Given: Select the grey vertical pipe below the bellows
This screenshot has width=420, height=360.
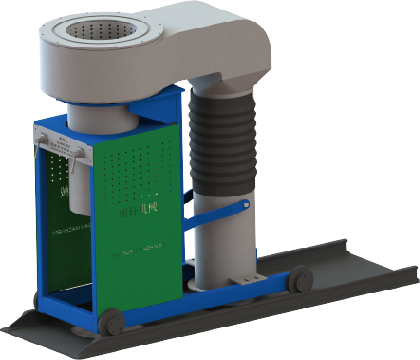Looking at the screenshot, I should [x=213, y=240].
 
